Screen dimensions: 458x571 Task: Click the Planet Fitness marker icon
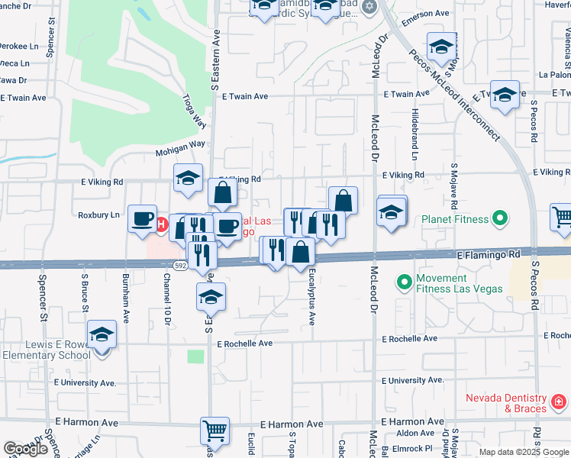500,220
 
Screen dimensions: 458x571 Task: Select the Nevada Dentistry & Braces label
507,404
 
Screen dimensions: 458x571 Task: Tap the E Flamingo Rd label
489,253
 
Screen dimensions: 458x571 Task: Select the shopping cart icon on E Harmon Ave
215,431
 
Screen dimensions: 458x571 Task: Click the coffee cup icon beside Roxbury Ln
142,218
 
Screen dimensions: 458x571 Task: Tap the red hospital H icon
161,224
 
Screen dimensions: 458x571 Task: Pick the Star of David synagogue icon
370,7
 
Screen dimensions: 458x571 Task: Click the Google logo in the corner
25,449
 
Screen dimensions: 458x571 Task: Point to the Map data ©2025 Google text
524,452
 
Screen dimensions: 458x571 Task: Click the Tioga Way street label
195,111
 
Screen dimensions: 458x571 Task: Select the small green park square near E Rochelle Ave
196,356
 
